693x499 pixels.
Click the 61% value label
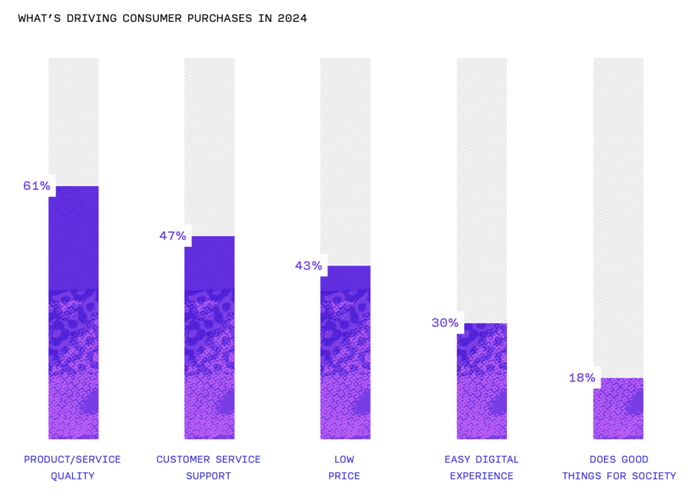coord(37,186)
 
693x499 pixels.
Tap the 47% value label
coord(173,236)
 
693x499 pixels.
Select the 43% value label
coord(308,266)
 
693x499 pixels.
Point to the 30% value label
coord(444,323)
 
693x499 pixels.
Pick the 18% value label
coord(582,378)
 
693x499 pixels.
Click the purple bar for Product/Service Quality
coord(74,312)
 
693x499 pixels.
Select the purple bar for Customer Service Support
coord(209,338)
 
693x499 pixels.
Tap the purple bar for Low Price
coord(345,352)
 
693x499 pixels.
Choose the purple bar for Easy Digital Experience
coord(481,381)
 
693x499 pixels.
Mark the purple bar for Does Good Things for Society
coord(618,408)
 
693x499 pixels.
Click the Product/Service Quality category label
coord(72,467)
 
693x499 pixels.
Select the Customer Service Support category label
coord(209,467)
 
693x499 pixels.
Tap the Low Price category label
coord(344,467)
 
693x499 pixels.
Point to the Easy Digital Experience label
coord(481,467)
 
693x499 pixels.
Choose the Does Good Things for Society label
coord(619,467)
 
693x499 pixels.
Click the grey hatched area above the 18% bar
coord(618,218)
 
